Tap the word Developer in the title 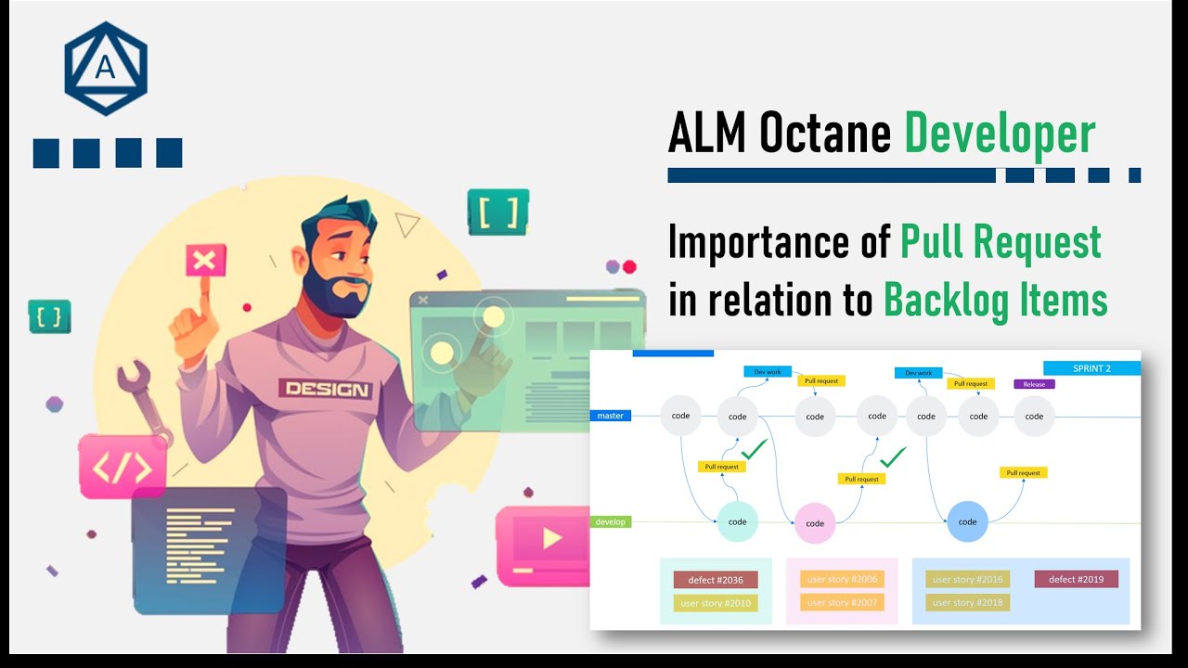[1000, 135]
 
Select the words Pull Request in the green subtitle [1001, 243]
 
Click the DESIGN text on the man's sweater [327, 390]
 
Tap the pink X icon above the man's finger [205, 261]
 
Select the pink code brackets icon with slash [123, 466]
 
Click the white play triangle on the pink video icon [551, 538]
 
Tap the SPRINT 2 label [1091, 368]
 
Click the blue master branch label [611, 416]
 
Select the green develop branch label [611, 522]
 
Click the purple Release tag [1034, 384]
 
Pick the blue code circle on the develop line [967, 521]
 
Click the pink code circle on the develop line [815, 523]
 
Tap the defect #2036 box [715, 580]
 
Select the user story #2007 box [841, 602]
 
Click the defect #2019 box [1076, 579]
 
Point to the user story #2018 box [967, 602]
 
